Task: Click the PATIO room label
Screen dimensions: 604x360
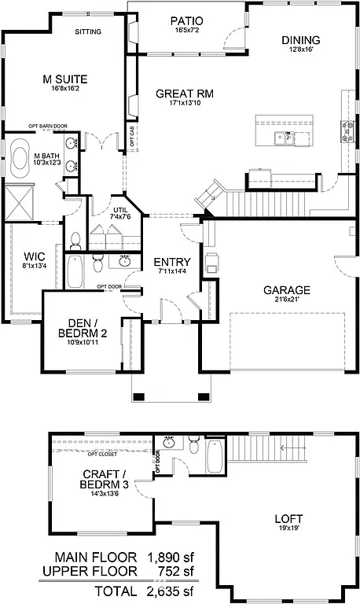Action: tap(187, 20)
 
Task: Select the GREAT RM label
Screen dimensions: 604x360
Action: tap(186, 93)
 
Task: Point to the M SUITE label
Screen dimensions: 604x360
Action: tap(64, 79)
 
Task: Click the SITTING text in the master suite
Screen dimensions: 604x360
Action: tap(87, 32)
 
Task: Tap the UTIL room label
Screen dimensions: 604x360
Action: tap(119, 210)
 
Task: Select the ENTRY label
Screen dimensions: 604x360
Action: tap(171, 262)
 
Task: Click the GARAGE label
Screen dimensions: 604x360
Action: tap(286, 289)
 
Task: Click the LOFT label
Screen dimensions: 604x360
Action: tap(287, 519)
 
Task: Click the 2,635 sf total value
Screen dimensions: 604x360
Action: tap(169, 591)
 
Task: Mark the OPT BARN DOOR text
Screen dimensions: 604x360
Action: tap(48, 126)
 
